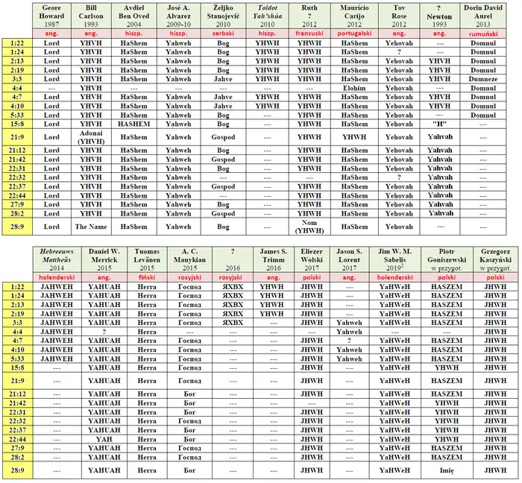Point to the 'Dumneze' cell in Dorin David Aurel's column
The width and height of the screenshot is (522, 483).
488,78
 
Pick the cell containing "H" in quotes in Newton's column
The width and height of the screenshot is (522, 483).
439,123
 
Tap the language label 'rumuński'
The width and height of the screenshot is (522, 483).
488,34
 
